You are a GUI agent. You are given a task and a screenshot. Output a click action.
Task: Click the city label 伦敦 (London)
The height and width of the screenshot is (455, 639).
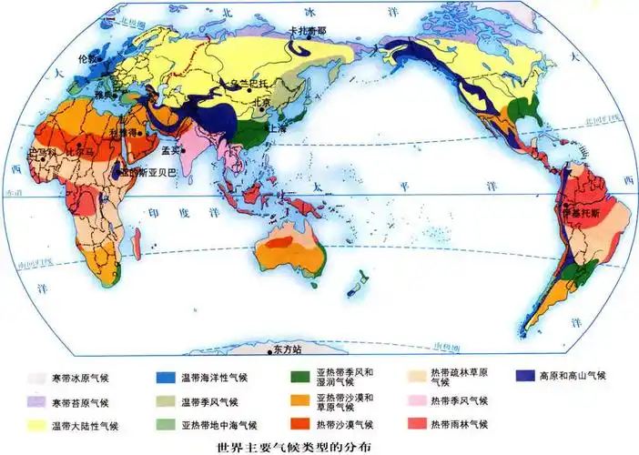(x=87, y=58)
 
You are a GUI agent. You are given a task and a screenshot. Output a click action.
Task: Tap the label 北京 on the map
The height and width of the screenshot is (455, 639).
(x=260, y=103)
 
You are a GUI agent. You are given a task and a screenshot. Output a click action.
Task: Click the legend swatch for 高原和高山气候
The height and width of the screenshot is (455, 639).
(x=524, y=375)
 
